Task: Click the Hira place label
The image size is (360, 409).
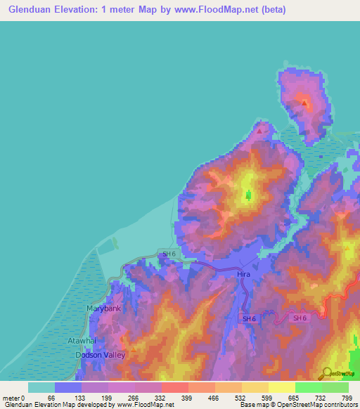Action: (244, 274)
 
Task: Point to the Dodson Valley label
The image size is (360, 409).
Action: (101, 355)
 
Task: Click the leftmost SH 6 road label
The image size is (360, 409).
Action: (169, 254)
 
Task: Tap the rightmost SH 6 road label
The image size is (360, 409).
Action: (300, 318)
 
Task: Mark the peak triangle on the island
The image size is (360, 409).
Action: (304, 103)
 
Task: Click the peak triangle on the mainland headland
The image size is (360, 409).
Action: (261, 131)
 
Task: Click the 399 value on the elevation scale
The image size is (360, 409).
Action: (188, 398)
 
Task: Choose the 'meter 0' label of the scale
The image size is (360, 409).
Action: (14, 398)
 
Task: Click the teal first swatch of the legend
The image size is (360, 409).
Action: (41, 387)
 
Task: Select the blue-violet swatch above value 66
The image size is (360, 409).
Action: (68, 387)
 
